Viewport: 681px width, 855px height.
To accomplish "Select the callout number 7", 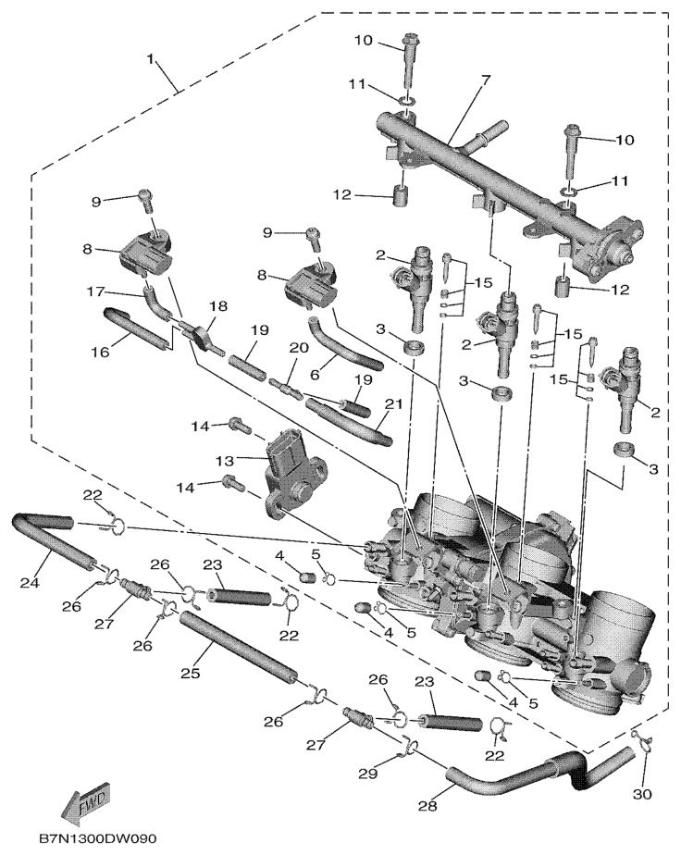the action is coord(485,81).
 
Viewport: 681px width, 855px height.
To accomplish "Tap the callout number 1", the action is coord(151,59).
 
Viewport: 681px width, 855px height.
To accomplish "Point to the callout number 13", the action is coord(224,461).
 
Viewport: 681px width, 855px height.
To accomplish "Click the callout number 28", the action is coord(427,805).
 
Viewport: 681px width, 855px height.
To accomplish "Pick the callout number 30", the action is coord(643,794).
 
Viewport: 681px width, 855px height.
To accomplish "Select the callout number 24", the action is coord(30,583).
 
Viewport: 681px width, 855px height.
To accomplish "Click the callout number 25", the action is coord(191,673).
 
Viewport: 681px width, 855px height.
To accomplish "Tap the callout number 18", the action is coord(218,306).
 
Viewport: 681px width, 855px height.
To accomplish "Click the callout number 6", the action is coord(316,376).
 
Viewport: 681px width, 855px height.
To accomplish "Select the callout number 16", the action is coord(100,352).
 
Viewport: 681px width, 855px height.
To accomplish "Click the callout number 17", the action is coord(95,292).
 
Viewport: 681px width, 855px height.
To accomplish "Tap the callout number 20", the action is coord(299,347).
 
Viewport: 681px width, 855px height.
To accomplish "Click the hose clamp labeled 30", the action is coord(642,743).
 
